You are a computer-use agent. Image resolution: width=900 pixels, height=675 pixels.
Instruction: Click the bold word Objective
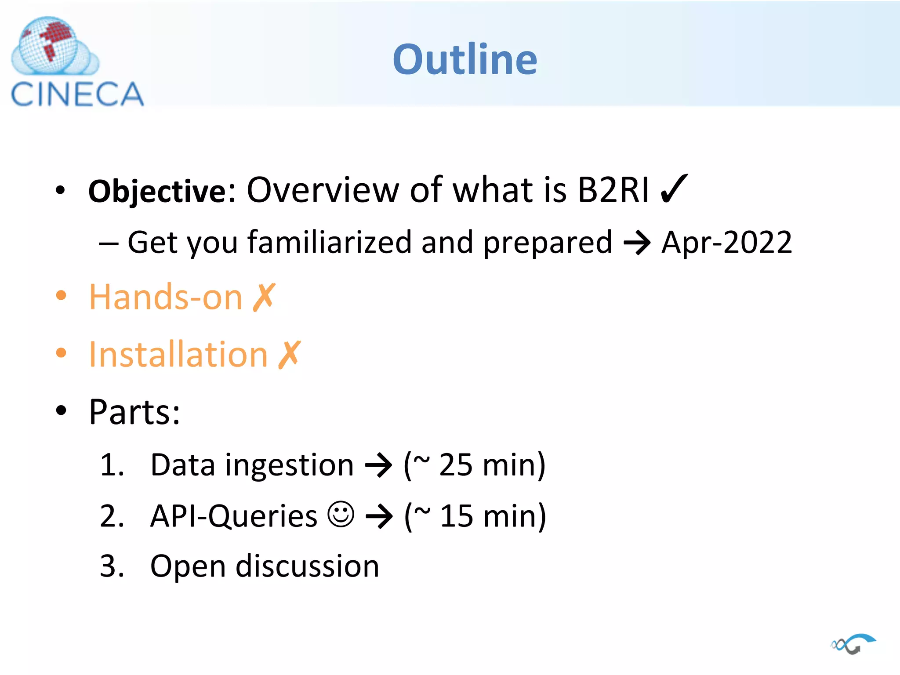tap(157, 192)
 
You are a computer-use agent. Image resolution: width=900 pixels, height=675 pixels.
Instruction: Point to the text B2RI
tap(613, 190)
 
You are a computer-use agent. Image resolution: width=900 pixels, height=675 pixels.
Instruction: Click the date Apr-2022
tap(726, 243)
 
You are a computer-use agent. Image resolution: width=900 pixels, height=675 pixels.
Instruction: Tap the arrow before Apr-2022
tap(637, 243)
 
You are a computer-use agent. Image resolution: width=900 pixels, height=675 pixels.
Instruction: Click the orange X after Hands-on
tap(264, 298)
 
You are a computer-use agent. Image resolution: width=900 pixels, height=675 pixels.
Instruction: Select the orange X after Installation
tap(290, 354)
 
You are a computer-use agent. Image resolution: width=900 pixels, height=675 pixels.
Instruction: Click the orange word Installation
tap(178, 354)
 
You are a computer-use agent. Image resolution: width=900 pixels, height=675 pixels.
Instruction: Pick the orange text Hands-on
tap(165, 298)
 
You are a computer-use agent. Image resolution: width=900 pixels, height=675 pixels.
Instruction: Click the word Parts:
tap(134, 412)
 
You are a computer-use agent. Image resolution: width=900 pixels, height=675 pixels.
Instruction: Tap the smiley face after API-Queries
tap(341, 515)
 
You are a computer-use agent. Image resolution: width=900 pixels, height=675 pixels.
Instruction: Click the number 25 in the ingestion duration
tap(456, 465)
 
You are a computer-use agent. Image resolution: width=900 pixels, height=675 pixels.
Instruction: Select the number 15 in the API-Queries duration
tap(457, 516)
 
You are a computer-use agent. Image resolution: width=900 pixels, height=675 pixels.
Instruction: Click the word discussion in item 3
tap(307, 566)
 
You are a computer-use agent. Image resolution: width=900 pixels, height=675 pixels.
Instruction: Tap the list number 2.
tap(112, 516)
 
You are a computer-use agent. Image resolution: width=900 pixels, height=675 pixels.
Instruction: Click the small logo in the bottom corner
tap(853, 644)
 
